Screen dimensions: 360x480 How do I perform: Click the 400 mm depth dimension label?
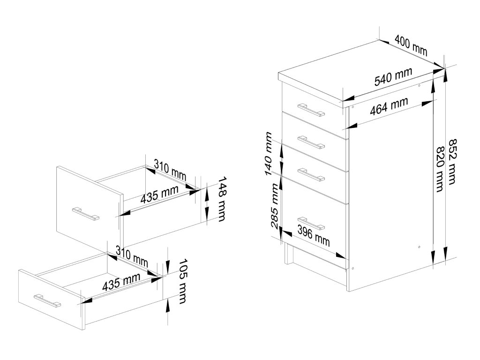[411, 45]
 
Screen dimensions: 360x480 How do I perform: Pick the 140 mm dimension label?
[269, 153]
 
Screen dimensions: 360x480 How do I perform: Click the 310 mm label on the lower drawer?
[131, 258]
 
